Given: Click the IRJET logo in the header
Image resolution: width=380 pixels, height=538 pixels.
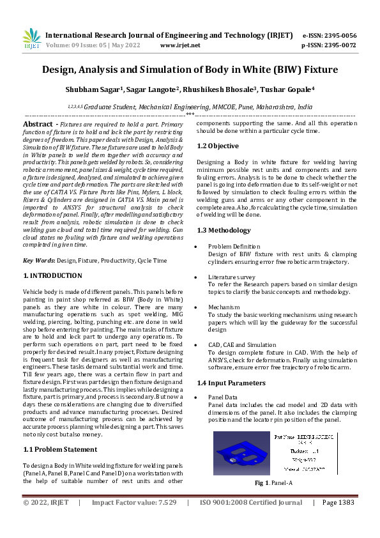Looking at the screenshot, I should tap(31, 39).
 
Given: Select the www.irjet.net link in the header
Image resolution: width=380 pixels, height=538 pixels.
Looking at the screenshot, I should tap(180, 45).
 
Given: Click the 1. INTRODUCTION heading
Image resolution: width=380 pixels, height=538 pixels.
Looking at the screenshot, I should tap(52, 275).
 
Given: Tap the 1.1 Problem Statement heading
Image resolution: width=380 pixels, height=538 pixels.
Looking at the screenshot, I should tap(60, 450).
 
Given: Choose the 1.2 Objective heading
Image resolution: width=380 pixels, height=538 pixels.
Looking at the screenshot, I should tap(218, 146).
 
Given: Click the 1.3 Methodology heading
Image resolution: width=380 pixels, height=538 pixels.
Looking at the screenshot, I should tap(224, 230).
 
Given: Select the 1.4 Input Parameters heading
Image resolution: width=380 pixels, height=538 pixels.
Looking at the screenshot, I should tap(231, 383).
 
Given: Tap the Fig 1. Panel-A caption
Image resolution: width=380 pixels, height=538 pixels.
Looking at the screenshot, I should tap(273, 483).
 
